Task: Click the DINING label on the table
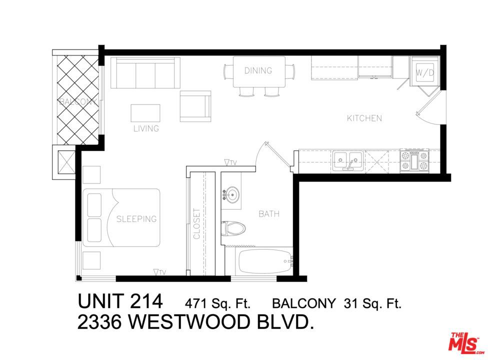(258, 70)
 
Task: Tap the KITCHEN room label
(364, 118)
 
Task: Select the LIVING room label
(146, 128)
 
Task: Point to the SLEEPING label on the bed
(136, 219)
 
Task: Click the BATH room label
(269, 214)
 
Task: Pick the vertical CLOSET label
(196, 223)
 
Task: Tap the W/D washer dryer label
(425, 73)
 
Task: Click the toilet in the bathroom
(233, 228)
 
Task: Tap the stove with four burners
(414, 160)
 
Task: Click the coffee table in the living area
(145, 113)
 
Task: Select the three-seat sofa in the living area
(145, 72)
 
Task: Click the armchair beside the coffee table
(195, 106)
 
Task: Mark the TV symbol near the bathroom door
(230, 162)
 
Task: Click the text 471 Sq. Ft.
(217, 303)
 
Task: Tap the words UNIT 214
(120, 301)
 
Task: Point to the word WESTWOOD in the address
(189, 322)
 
